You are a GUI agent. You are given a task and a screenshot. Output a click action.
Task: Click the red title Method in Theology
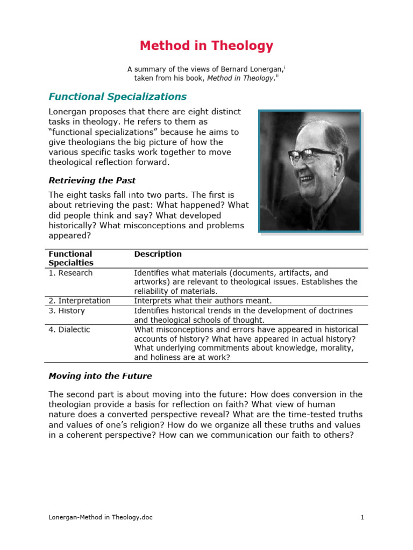point(206,46)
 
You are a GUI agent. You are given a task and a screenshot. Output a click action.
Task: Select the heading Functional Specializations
point(118,97)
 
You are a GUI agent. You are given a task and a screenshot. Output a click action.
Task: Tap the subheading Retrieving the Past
point(92,180)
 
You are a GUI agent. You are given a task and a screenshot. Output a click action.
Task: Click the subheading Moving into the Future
point(100,376)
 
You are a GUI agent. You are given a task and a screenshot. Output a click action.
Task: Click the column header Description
point(158,254)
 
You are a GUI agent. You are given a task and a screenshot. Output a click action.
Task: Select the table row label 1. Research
point(70,273)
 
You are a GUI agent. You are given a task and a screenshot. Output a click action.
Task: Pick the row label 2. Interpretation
point(80,301)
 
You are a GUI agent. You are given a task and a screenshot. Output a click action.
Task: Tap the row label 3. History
point(67,311)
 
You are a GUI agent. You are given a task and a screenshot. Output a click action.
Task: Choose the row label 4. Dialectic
point(69,329)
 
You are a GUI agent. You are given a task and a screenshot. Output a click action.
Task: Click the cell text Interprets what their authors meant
point(203,301)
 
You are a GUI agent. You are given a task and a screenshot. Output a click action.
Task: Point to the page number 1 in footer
point(362,517)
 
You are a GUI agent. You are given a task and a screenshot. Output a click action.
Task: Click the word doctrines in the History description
point(334,311)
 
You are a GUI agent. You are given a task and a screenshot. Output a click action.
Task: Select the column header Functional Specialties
point(70,258)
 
